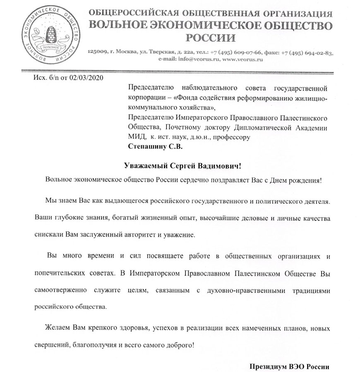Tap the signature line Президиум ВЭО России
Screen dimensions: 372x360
click(x=290, y=367)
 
